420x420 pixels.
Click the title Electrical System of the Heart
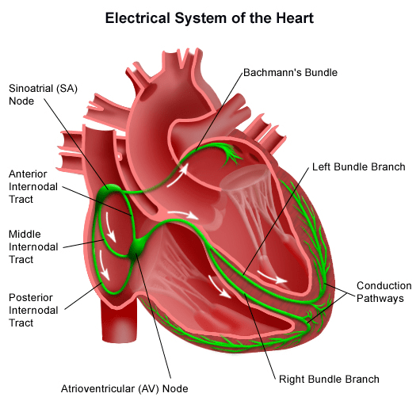click(209, 18)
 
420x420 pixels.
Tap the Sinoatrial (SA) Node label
click(43, 94)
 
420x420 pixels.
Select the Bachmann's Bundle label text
click(290, 73)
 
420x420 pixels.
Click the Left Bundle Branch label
click(359, 167)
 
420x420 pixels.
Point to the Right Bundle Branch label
click(329, 380)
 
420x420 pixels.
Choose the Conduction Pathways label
click(384, 292)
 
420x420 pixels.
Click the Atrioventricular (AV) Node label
click(124, 388)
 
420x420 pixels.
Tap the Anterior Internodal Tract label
click(33, 187)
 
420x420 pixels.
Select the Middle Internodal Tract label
click(33, 246)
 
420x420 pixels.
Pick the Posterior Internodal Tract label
click(33, 310)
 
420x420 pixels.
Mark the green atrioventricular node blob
click(136, 249)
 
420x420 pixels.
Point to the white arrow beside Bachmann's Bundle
click(178, 175)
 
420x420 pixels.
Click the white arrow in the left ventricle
click(272, 277)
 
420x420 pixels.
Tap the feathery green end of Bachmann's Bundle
click(230, 155)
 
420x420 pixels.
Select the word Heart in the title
click(295, 18)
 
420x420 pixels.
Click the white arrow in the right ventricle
click(219, 287)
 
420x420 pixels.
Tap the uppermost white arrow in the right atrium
click(110, 227)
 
